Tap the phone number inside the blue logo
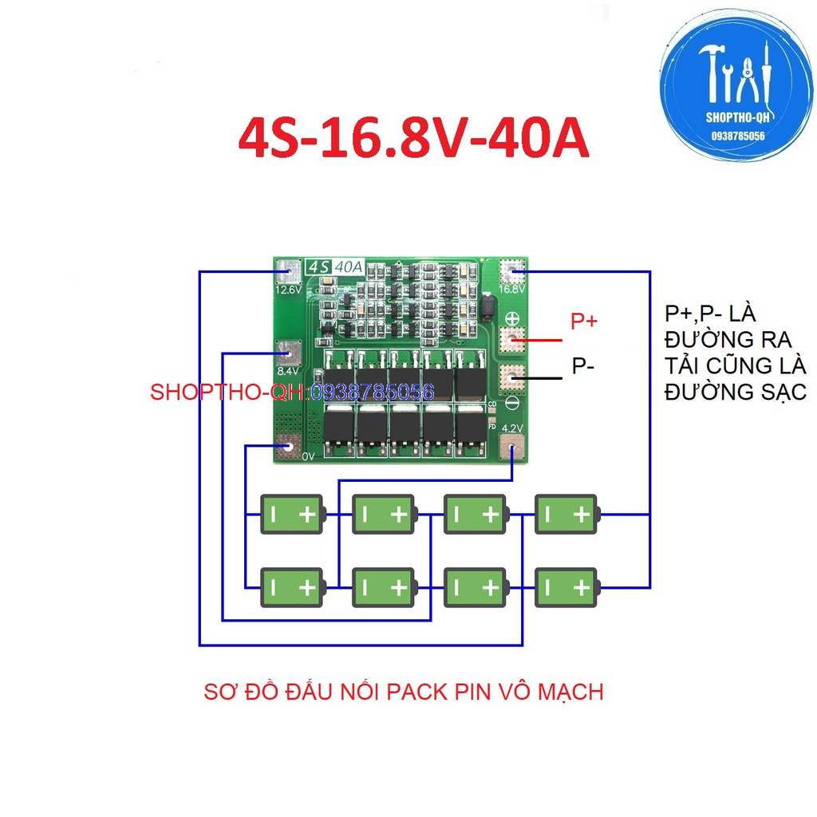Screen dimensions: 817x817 tap(738, 136)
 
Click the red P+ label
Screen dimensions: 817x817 tap(583, 322)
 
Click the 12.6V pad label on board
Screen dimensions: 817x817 tap(288, 290)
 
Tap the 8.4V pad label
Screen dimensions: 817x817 tap(288, 370)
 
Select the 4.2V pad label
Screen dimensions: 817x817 tap(511, 428)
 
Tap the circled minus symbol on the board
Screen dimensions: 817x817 tap(511, 404)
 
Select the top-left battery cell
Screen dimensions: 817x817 tap(293, 515)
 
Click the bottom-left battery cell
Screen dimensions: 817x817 tap(293, 588)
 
